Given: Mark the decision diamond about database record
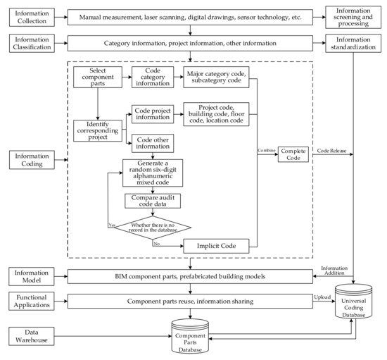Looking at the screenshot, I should tap(154, 226).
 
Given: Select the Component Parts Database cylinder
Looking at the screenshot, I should tap(189, 338).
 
